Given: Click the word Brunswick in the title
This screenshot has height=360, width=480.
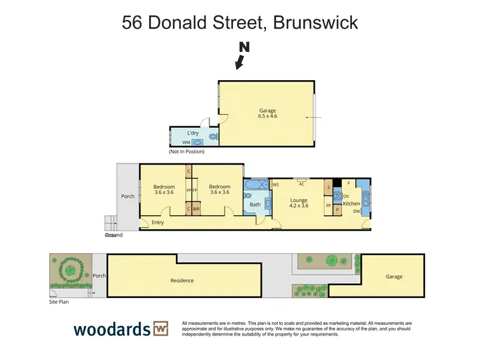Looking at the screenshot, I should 315,23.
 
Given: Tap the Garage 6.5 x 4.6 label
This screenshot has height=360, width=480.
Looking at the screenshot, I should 268,113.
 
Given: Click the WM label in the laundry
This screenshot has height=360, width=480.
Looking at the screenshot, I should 186,143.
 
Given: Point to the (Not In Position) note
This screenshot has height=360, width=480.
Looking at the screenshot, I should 191,152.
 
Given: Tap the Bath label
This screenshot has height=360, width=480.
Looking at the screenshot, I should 255,205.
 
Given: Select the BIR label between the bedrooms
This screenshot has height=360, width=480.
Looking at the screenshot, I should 196,209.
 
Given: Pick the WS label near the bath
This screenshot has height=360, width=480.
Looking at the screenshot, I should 276,185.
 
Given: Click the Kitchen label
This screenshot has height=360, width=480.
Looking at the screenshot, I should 351,204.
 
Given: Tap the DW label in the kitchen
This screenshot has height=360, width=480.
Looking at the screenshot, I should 356,211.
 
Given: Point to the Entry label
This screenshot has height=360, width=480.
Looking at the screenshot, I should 157,222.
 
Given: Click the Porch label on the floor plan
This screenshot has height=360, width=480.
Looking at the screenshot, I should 128,197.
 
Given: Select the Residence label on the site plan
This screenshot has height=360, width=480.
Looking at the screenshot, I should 182,281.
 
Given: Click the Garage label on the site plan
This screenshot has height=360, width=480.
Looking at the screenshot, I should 394,277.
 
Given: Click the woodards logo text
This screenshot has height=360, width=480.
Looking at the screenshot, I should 111,329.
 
